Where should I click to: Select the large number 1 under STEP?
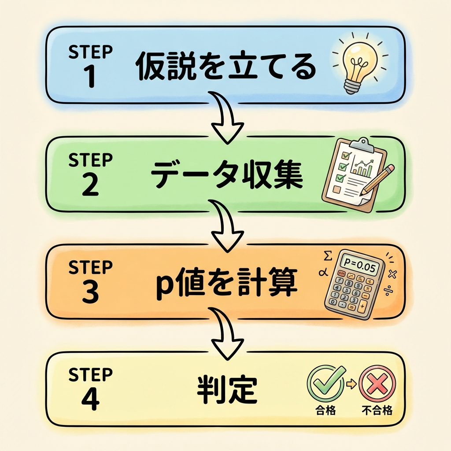[x=90, y=76]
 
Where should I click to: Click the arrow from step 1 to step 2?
[x=225, y=118]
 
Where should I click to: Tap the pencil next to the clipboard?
[x=378, y=179]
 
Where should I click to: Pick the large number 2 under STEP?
[x=90, y=185]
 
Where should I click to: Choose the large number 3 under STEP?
[x=90, y=293]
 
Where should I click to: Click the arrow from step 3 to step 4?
[x=225, y=333]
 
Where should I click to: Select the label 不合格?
[x=377, y=411]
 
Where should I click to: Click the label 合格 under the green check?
[x=326, y=410]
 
